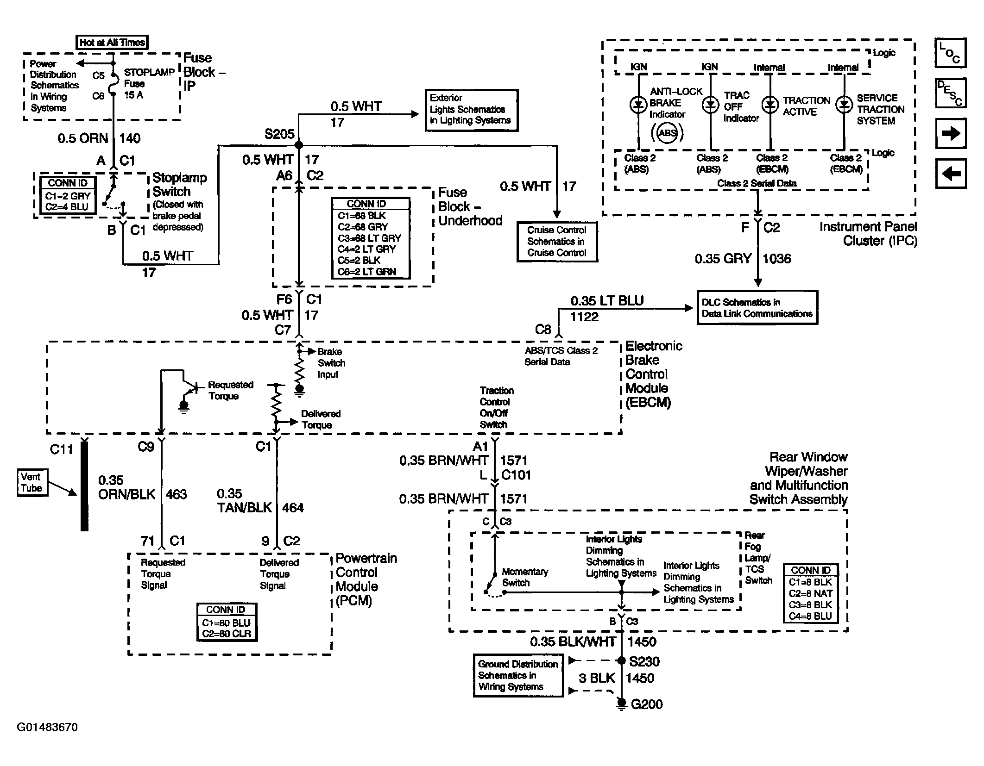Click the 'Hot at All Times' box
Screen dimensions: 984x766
pyautogui.click(x=113, y=43)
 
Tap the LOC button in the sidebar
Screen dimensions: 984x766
pyautogui.click(x=950, y=53)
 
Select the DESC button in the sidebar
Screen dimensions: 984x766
pyautogui.click(x=950, y=93)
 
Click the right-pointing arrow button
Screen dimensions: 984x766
pyautogui.click(x=950, y=134)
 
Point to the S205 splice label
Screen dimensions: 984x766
pyautogui.click(x=279, y=134)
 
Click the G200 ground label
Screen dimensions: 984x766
pyautogui.click(x=646, y=704)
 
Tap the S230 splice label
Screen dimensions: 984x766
pyautogui.click(x=644, y=661)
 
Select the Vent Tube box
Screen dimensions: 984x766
pyautogui.click(x=32, y=483)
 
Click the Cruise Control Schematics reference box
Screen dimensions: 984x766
pyautogui.click(x=557, y=242)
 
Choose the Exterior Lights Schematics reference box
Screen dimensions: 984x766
pyautogui.click(x=472, y=110)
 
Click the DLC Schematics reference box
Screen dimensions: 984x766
pyautogui.click(x=757, y=308)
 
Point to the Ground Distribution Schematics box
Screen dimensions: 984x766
pyautogui.click(x=518, y=675)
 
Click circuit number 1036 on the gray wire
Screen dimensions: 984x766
pyautogui.click(x=777, y=259)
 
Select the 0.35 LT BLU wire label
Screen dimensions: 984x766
pyautogui.click(x=607, y=301)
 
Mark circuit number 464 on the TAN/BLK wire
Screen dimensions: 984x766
pyautogui.click(x=293, y=508)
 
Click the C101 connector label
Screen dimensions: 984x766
pyautogui.click(x=516, y=475)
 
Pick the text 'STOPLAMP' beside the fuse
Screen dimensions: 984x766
pyautogui.click(x=149, y=72)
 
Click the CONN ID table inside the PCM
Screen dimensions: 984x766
pyautogui.click(x=227, y=622)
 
